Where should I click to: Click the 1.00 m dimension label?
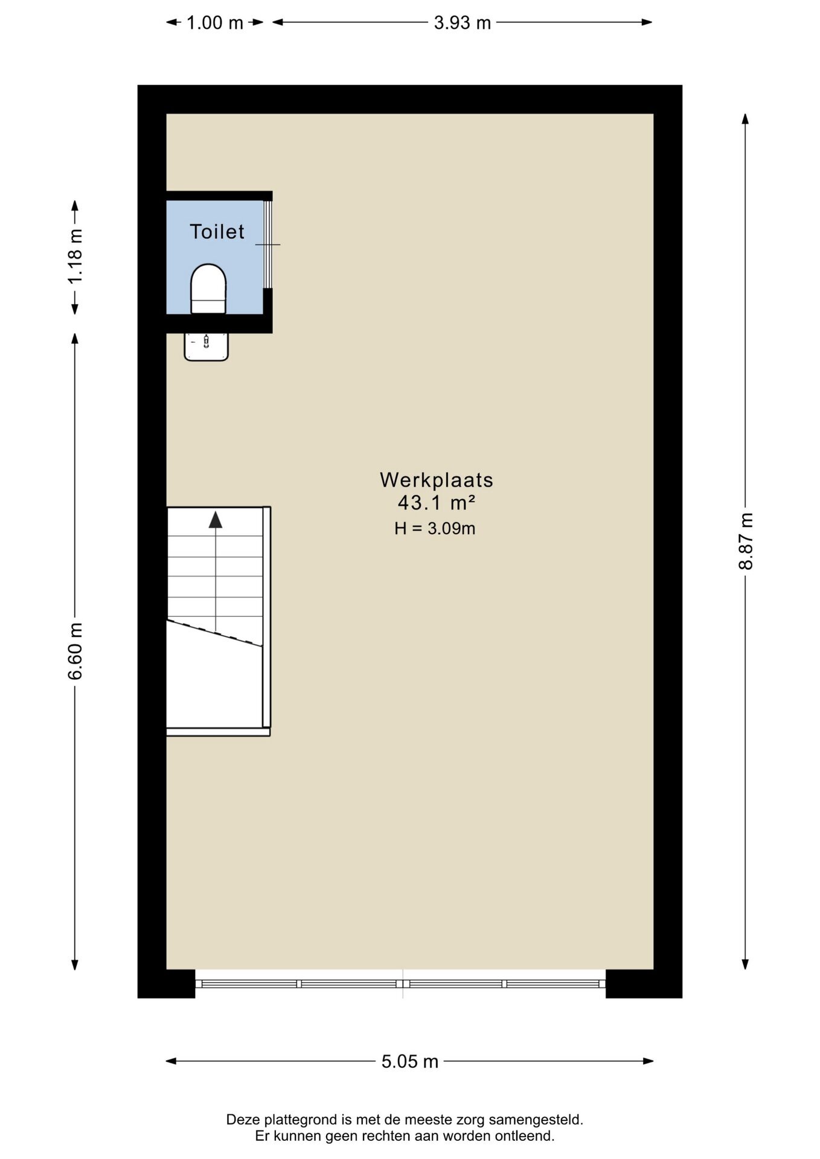tap(214, 23)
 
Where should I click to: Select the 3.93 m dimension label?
tap(463, 23)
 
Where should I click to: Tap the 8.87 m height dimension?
tap(746, 541)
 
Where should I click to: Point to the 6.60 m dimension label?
tap(75, 651)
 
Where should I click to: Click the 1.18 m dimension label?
tap(75, 256)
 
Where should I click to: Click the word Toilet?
tap(217, 231)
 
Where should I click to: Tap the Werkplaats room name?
tap(437, 480)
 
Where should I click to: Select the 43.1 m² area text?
tap(437, 502)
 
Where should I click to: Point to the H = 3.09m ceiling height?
tap(435, 528)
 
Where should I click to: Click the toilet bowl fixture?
tap(208, 289)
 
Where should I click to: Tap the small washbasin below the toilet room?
tap(206, 346)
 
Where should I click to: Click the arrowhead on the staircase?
tap(216, 520)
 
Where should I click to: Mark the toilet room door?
tap(267, 244)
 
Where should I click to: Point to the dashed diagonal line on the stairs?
tap(215, 633)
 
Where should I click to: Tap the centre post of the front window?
tap(403, 983)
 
